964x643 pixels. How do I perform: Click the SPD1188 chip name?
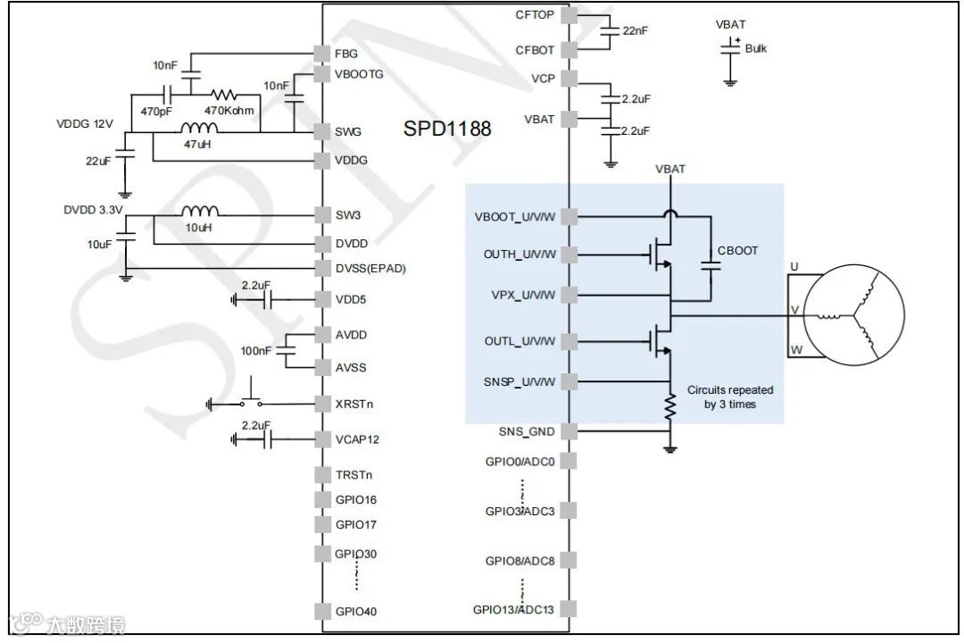pyautogui.click(x=447, y=128)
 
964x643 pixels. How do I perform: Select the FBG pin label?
pyautogui.click(x=346, y=54)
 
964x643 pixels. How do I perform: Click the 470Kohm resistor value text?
pyautogui.click(x=229, y=111)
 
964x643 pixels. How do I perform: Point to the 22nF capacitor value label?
pyautogui.click(x=635, y=30)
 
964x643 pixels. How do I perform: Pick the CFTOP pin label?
pyautogui.click(x=535, y=14)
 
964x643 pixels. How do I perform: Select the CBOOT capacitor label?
pyautogui.click(x=736, y=251)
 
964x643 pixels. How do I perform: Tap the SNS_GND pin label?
pyautogui.click(x=527, y=432)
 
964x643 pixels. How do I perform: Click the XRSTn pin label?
pyautogui.click(x=353, y=404)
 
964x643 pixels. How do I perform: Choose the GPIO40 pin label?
pyautogui.click(x=355, y=612)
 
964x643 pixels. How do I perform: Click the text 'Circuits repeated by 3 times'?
pyautogui.click(x=729, y=397)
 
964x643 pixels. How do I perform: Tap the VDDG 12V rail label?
pyautogui.click(x=85, y=124)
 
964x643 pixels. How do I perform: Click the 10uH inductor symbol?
pyautogui.click(x=201, y=213)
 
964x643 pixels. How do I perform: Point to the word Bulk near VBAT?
pyautogui.click(x=755, y=48)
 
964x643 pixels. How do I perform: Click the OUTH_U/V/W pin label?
pyautogui.click(x=519, y=255)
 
